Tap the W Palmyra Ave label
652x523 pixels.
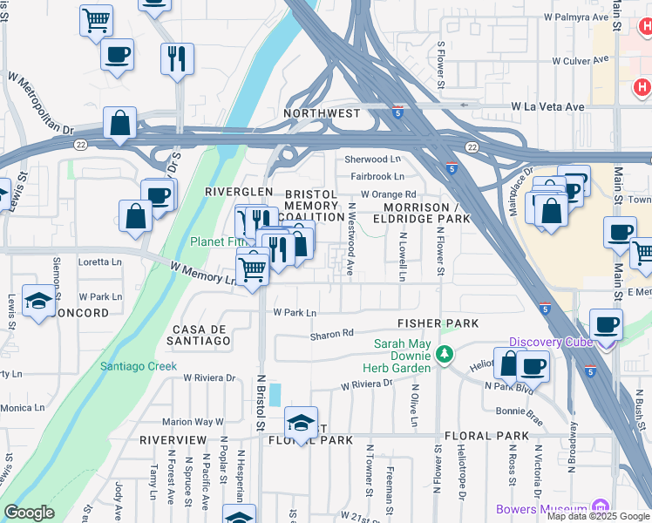click(575, 17)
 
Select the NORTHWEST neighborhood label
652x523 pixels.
click(322, 113)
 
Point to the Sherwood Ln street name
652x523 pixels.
click(372, 160)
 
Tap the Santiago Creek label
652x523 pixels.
click(138, 366)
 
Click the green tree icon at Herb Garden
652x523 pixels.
click(445, 354)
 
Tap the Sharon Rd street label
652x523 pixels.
click(332, 334)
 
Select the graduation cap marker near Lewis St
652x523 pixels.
click(39, 301)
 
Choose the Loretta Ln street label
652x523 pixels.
click(99, 261)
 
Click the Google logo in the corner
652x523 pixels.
click(29, 513)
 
